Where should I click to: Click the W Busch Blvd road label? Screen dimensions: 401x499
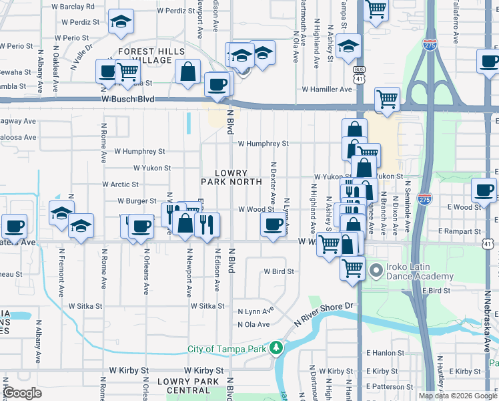(128, 99)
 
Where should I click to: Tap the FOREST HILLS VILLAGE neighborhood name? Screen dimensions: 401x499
(151, 55)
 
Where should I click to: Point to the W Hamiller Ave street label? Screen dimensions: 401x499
(327, 89)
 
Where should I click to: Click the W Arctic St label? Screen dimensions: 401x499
(120, 184)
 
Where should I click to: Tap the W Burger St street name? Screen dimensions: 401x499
(136, 200)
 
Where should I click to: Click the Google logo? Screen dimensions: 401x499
(22, 394)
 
